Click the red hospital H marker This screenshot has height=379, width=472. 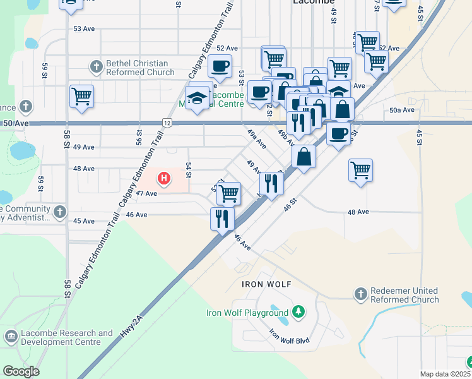pyautogui.click(x=164, y=179)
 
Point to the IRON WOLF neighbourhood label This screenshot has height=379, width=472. pyautogui.click(x=266, y=284)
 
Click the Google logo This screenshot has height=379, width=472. pyautogui.click(x=21, y=371)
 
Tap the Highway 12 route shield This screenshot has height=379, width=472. pyautogui.click(x=166, y=122)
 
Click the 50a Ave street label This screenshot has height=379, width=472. pyautogui.click(x=401, y=110)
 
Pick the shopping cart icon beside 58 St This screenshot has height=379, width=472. pyautogui.click(x=82, y=97)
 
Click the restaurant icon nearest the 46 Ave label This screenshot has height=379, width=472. pyautogui.click(x=222, y=219)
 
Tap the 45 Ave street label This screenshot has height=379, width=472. pyautogui.click(x=83, y=221)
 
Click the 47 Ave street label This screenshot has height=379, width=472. pyautogui.click(x=146, y=193)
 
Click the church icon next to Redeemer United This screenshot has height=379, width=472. pyautogui.click(x=360, y=294)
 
